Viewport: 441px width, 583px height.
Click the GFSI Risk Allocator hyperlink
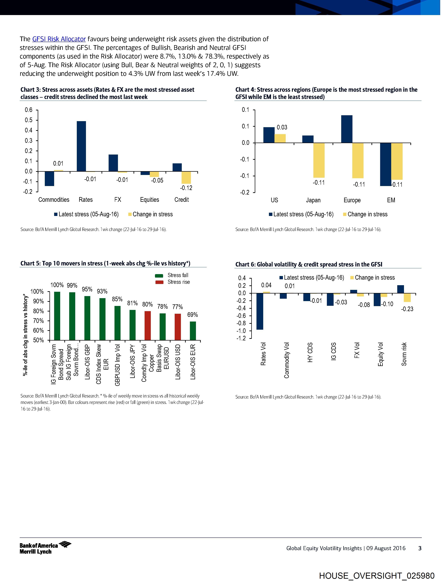click(x=59, y=39)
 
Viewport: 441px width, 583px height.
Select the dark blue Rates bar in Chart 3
click(x=81, y=146)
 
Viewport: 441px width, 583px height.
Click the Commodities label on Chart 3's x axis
click(x=54, y=200)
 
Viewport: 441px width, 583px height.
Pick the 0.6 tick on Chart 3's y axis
click(x=29, y=110)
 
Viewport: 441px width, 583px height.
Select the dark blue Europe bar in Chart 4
click(x=347, y=129)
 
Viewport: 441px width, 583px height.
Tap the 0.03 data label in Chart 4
click(x=282, y=127)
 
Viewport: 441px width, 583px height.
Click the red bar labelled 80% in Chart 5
click(x=148, y=326)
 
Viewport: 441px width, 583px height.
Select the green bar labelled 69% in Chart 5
click(x=193, y=331)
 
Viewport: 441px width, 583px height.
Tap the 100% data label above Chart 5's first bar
click(x=57, y=285)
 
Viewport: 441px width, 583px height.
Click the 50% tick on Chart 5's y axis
click(x=38, y=340)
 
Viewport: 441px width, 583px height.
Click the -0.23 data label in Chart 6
click(x=407, y=309)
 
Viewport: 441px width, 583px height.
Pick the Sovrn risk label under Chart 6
click(x=404, y=354)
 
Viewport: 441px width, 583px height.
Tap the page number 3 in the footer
click(x=420, y=548)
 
